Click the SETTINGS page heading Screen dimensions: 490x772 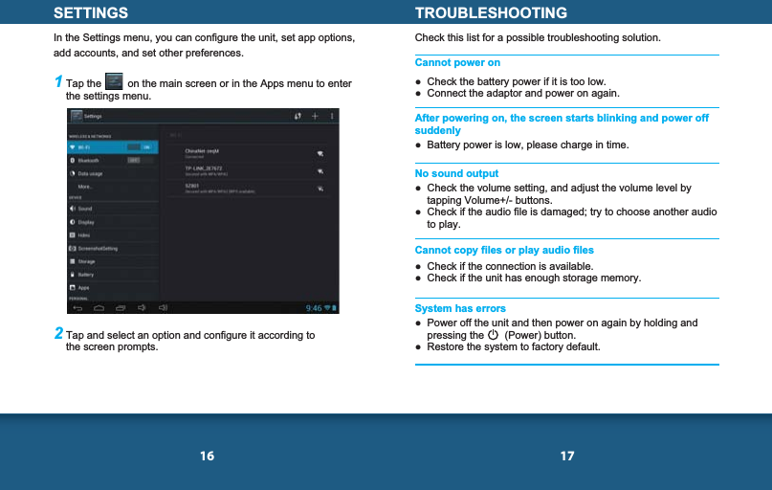[x=91, y=13]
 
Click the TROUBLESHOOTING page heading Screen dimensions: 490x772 [x=491, y=13]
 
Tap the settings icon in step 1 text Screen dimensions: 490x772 [x=114, y=83]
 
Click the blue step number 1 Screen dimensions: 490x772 [x=58, y=82]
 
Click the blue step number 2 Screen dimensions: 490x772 [x=58, y=334]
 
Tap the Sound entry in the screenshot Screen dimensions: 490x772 [x=85, y=208]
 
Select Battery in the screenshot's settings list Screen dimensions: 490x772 [x=86, y=275]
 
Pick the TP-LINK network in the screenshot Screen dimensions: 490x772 [x=203, y=168]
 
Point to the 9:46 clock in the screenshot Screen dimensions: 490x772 [x=313, y=308]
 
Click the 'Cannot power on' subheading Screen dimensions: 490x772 [x=457, y=63]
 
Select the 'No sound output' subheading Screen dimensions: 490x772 [x=456, y=174]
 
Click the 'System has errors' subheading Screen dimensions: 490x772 [x=460, y=309]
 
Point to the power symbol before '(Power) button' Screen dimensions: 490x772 [x=492, y=335]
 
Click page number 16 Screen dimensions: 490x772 [x=207, y=457]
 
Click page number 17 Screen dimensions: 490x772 [x=567, y=457]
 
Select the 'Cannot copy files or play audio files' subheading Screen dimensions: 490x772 [x=504, y=251]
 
